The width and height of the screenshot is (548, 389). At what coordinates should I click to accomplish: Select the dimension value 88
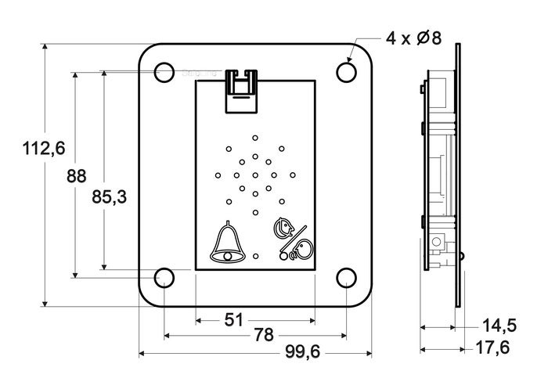pyautogui.click(x=76, y=177)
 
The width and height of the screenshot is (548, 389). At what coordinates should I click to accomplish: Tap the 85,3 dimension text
pyautogui.click(x=109, y=198)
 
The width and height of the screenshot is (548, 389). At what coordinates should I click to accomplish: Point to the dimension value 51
pyautogui.click(x=233, y=319)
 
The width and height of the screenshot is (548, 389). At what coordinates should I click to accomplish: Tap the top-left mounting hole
pyautogui.click(x=164, y=72)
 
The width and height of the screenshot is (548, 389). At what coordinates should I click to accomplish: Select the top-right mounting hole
pyautogui.click(x=345, y=71)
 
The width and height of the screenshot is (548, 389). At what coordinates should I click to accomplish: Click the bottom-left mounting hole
pyautogui.click(x=164, y=277)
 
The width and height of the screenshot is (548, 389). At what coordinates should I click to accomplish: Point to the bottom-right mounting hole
pyautogui.click(x=345, y=277)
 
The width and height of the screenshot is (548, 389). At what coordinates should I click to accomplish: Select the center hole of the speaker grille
pyautogui.click(x=254, y=175)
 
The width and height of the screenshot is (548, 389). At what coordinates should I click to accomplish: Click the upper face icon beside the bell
pyautogui.click(x=282, y=228)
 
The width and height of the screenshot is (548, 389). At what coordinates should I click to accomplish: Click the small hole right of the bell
pyautogui.click(x=255, y=256)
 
